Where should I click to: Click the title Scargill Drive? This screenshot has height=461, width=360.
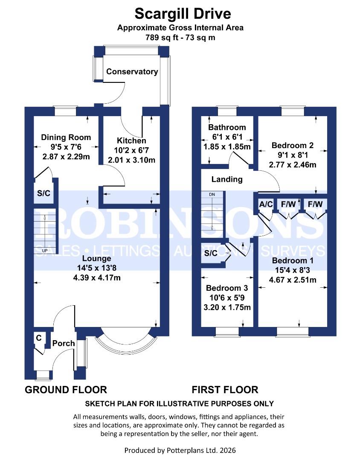183,14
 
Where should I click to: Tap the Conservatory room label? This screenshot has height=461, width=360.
132,72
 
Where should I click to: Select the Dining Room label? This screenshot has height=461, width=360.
66,137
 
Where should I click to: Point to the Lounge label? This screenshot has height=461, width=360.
96,259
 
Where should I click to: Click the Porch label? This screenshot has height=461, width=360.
64,343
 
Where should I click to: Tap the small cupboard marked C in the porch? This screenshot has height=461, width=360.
39,338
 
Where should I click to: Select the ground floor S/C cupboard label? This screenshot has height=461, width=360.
44,193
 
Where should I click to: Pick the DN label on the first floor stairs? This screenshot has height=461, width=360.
212,195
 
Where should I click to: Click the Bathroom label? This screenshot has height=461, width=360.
227,127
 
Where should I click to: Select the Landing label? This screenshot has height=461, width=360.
227,179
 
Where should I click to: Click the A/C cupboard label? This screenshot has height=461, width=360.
266,204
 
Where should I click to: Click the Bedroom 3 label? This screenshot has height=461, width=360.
226,288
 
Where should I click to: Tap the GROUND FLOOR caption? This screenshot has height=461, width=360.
66,389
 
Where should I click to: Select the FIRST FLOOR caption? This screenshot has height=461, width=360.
225,389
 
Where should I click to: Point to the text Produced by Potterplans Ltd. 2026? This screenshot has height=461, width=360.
180,450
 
